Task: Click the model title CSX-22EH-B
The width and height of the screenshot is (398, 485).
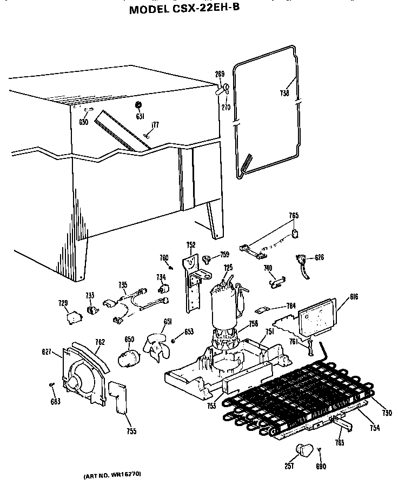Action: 184,9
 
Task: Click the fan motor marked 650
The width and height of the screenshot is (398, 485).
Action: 129,358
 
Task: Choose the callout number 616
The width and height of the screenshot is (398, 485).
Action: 339,296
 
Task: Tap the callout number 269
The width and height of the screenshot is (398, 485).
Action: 220,74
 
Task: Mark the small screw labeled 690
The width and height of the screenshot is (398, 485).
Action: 320,449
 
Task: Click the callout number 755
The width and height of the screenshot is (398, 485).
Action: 131,431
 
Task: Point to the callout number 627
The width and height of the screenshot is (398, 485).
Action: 47,353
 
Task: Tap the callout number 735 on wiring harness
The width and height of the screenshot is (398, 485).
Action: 123,284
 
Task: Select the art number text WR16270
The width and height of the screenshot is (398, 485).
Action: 112,474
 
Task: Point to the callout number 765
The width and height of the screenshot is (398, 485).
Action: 293,216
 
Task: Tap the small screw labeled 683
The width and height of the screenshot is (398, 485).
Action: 52,384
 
